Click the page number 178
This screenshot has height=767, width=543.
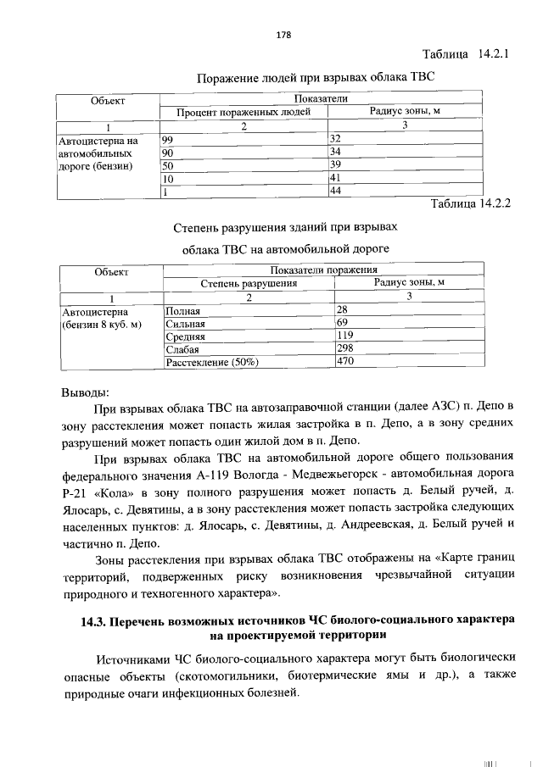pyautogui.click(x=283, y=35)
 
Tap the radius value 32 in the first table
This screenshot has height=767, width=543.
pyautogui.click(x=335, y=139)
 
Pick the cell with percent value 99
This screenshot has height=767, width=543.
pyautogui.click(x=168, y=139)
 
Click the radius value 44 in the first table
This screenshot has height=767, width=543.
pyautogui.click(x=335, y=192)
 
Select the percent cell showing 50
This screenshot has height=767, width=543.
pyautogui.click(x=168, y=165)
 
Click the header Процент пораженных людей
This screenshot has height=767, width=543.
pyautogui.click(x=243, y=113)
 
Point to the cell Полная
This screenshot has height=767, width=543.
pyautogui.click(x=183, y=310)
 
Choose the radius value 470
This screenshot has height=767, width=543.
pyautogui.click(x=344, y=361)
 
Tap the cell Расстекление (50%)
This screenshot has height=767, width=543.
pyautogui.click(x=212, y=362)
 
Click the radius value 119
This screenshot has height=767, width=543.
pyautogui.click(x=344, y=336)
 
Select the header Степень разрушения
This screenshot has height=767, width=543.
pyautogui.click(x=249, y=284)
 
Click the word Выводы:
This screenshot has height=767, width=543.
pyautogui.click(x=85, y=393)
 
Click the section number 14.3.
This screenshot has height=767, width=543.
pyautogui.click(x=93, y=620)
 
